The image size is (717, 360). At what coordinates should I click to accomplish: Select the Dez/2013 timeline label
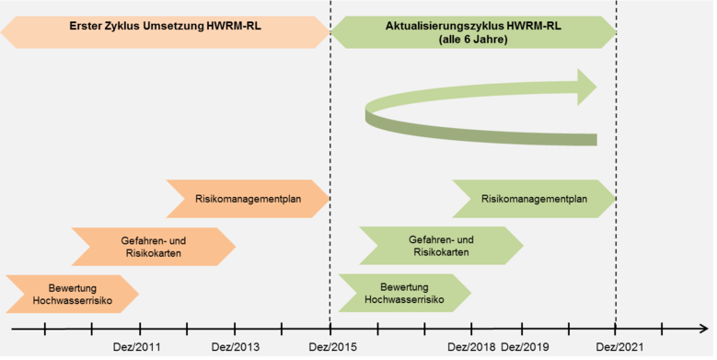[x=236, y=347]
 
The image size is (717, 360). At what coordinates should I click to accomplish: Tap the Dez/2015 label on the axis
[x=330, y=347]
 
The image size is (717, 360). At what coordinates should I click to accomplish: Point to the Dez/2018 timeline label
[x=471, y=347]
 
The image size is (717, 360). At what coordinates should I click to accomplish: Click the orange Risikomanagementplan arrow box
[x=247, y=198]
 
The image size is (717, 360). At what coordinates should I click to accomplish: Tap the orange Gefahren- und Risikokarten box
[x=154, y=246]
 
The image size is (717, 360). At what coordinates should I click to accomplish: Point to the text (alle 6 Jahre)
[x=473, y=40]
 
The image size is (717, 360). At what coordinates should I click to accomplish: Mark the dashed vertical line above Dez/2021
[x=616, y=110]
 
